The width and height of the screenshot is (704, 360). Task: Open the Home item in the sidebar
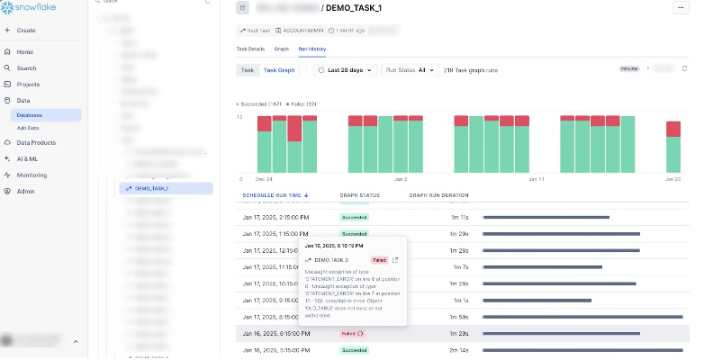point(24,52)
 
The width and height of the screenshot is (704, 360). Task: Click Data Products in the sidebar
point(36,143)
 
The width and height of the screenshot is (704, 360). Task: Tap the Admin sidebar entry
point(25,191)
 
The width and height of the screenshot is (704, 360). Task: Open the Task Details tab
point(250,48)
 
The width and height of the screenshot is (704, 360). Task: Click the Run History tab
point(311,48)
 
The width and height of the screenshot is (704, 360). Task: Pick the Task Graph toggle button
point(279,70)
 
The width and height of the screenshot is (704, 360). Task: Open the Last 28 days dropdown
point(346,70)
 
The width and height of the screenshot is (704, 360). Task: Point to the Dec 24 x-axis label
point(265,179)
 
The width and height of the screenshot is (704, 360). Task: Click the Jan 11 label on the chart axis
point(537,179)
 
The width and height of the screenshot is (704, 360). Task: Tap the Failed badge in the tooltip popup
point(380,259)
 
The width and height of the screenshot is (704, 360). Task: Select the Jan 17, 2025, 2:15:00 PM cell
point(276,217)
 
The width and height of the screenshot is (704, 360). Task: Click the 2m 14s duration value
point(459,349)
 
